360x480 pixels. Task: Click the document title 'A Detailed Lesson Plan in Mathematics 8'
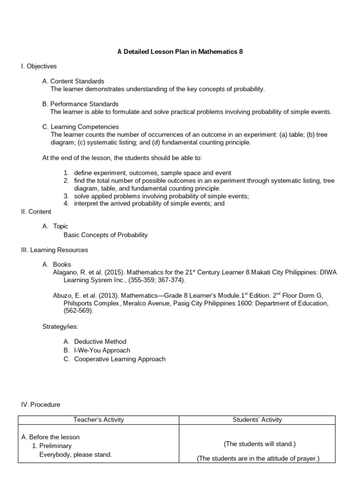180,52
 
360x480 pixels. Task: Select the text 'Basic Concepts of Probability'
105,235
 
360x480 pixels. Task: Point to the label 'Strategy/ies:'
60,326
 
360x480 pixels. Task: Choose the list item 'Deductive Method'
100,341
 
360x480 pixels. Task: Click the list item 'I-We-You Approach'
102,350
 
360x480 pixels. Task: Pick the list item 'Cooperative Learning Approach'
120,359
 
